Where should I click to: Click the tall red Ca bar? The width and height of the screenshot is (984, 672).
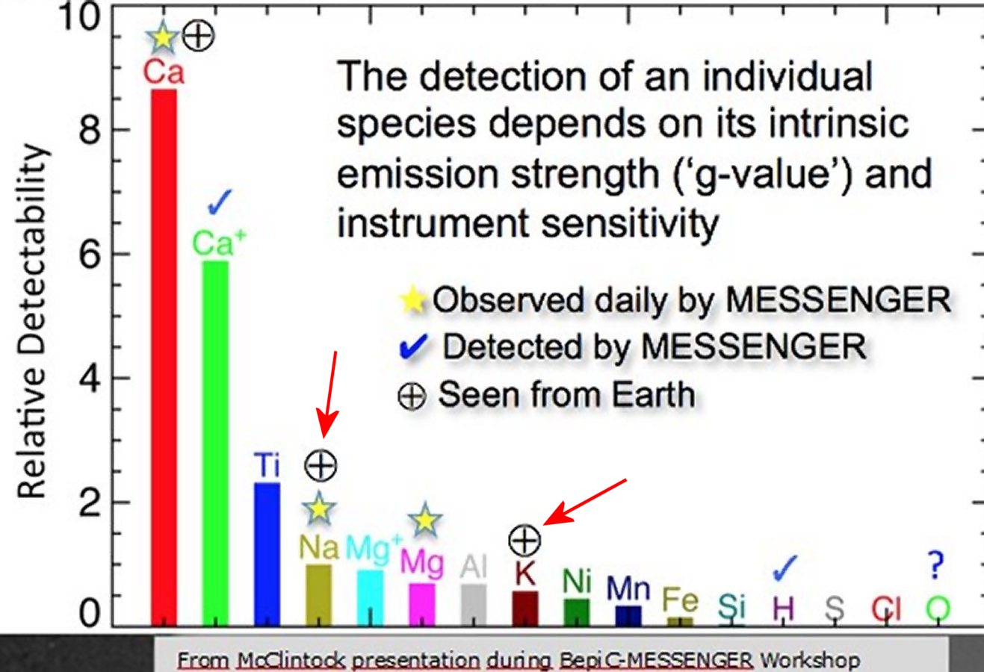tap(164, 358)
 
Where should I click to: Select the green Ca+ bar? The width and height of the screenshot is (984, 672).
tap(215, 444)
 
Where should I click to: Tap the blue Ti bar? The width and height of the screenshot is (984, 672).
tap(267, 554)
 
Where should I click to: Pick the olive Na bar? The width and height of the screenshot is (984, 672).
tap(318, 595)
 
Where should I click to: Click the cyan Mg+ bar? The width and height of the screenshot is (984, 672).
tap(370, 598)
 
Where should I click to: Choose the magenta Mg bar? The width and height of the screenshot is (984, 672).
tap(421, 604)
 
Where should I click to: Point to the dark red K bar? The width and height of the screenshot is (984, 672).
tap(525, 609)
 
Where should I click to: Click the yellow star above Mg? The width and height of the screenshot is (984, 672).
tap(425, 520)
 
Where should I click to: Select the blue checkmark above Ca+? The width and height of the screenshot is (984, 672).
tap(220, 202)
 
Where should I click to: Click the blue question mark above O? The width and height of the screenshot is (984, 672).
tap(936, 565)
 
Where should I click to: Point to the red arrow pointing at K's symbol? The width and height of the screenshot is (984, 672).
tap(585, 503)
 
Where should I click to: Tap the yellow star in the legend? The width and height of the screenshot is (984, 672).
tap(413, 300)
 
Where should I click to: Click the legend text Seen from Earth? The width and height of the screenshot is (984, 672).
tap(566, 394)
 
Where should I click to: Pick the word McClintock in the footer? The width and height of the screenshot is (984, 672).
tap(291, 660)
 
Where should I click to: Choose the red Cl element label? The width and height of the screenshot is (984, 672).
tap(886, 609)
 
